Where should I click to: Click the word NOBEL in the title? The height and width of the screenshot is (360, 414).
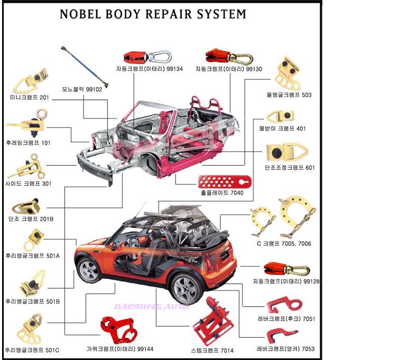[81, 14]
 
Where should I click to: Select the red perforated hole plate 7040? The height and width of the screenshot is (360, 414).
[225, 182]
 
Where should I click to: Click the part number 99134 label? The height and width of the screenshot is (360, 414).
[175, 69]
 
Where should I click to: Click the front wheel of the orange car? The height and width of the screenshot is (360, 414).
[89, 271]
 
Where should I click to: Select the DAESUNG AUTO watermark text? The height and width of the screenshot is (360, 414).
[152, 307]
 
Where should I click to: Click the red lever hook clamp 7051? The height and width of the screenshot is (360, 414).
[284, 304]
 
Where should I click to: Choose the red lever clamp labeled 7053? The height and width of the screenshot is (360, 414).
[280, 335]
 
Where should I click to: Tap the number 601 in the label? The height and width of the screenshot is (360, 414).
[310, 168]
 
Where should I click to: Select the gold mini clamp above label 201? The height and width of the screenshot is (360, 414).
[31, 80]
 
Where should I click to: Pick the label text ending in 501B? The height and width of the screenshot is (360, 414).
[33, 302]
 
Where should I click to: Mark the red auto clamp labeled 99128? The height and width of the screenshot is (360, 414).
[286, 269]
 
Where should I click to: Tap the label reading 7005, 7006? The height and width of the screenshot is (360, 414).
[296, 243]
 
